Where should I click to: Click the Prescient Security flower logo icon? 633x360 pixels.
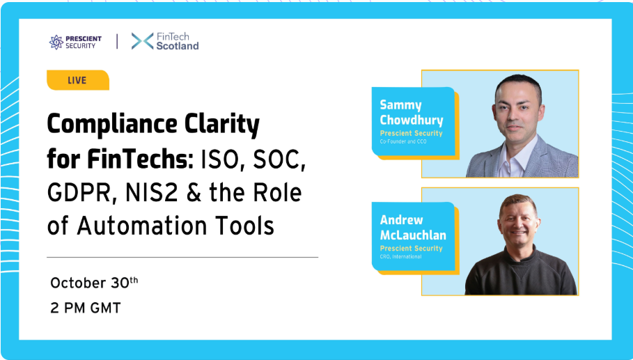click(56, 42)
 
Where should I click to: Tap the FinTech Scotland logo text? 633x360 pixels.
click(177, 42)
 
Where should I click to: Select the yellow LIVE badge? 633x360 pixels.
click(78, 80)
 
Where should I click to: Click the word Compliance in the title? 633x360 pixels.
click(112, 125)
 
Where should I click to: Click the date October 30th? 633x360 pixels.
click(94, 283)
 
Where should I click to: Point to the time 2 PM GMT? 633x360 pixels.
click(86, 308)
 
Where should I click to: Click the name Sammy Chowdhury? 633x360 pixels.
click(412, 113)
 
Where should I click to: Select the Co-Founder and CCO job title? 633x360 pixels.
click(403, 141)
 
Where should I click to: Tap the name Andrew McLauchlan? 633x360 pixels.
click(413, 227)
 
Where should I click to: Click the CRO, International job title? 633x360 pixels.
click(400, 257)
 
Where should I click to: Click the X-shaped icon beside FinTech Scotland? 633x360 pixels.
click(142, 41)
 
